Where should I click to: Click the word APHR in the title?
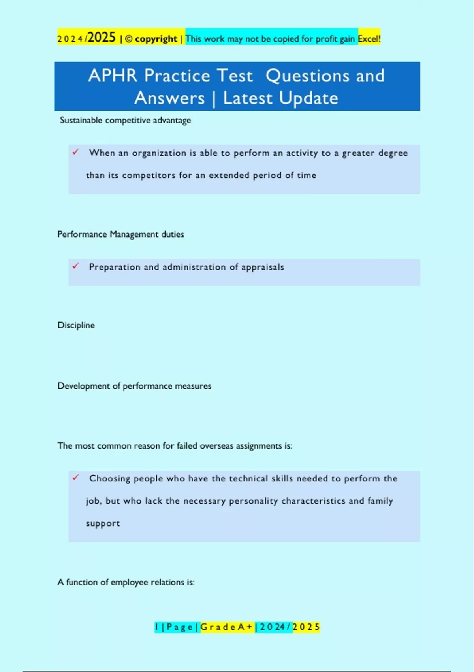[x=113, y=76]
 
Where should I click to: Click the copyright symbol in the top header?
[x=129, y=39]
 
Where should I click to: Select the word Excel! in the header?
[x=369, y=39]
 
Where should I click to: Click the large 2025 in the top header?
[x=102, y=38]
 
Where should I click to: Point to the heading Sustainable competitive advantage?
[x=125, y=120]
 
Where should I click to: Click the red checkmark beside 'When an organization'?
[x=76, y=152]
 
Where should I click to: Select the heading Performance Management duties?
[x=120, y=234]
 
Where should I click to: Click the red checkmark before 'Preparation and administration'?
[x=76, y=266]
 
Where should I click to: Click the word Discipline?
[x=76, y=325]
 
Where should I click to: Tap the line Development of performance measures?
[x=134, y=386]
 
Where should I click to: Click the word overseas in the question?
[x=216, y=446]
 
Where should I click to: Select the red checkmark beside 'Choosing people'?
[x=76, y=478]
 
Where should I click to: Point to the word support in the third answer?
[x=103, y=523]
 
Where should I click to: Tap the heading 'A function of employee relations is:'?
[x=126, y=582]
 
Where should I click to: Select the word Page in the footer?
[x=180, y=627]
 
